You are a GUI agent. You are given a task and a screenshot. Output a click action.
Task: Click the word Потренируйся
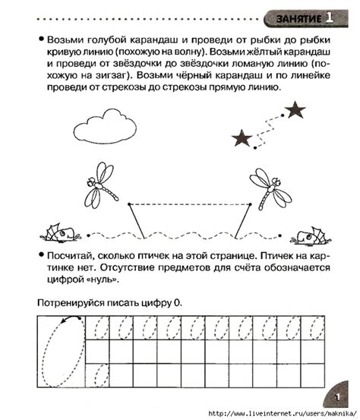tap(73, 303)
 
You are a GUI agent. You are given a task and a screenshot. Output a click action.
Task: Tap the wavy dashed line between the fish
tap(182, 234)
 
